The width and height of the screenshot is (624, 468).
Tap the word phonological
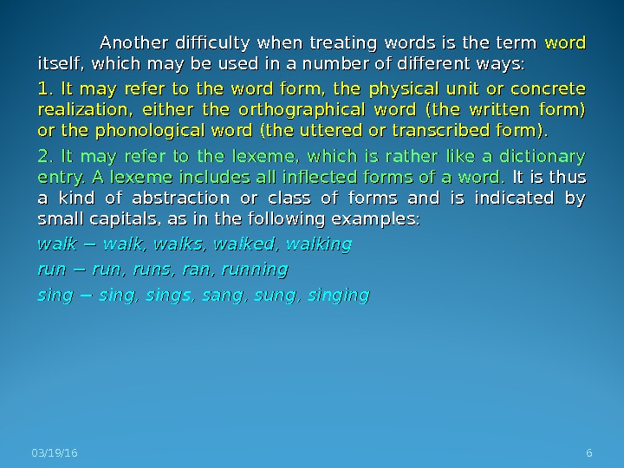[159, 131]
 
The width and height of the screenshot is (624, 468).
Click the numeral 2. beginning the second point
[47, 157]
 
